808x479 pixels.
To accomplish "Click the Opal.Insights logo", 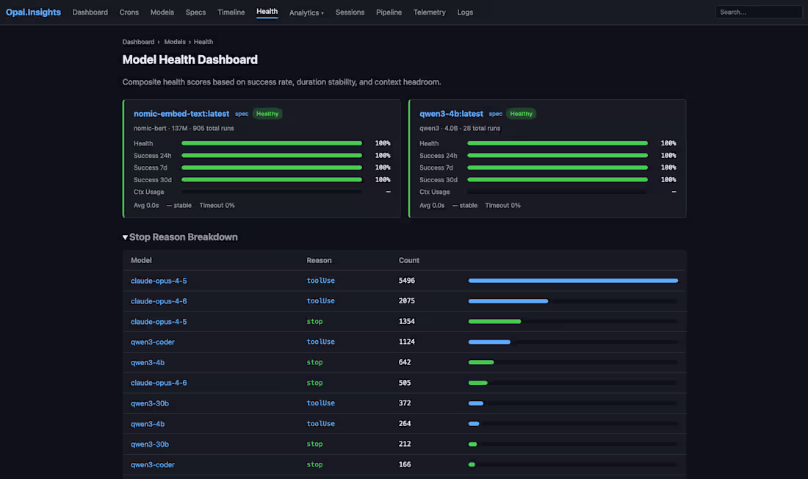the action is tap(33, 12).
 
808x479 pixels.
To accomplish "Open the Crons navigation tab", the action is tap(129, 12).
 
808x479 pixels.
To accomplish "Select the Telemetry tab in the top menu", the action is tap(429, 12).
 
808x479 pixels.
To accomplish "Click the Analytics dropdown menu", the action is tap(306, 12).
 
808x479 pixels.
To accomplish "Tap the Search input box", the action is tap(758, 12).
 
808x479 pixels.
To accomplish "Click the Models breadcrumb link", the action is tap(175, 42).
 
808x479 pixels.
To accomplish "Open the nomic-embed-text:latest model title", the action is tap(181, 113).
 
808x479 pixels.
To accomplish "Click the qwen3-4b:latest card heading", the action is tap(452, 113).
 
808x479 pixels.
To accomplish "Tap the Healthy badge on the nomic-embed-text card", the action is tap(267, 114).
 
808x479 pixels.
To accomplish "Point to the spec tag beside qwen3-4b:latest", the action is tap(496, 114).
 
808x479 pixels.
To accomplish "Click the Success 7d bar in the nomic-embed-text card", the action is tap(272, 168).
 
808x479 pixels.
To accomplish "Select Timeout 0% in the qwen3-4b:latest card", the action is tap(502, 205).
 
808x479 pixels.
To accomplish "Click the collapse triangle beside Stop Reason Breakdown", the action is tap(125, 237).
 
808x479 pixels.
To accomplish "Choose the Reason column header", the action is tap(319, 260).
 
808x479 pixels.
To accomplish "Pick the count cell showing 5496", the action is tap(407, 281).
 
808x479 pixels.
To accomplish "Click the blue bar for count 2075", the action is tap(508, 301).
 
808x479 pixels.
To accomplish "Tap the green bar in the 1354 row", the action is tap(494, 321).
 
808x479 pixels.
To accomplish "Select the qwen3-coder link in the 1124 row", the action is tap(153, 342).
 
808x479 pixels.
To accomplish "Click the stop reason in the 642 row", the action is tap(314, 362).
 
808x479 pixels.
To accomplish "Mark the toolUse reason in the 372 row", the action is tap(320, 403).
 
